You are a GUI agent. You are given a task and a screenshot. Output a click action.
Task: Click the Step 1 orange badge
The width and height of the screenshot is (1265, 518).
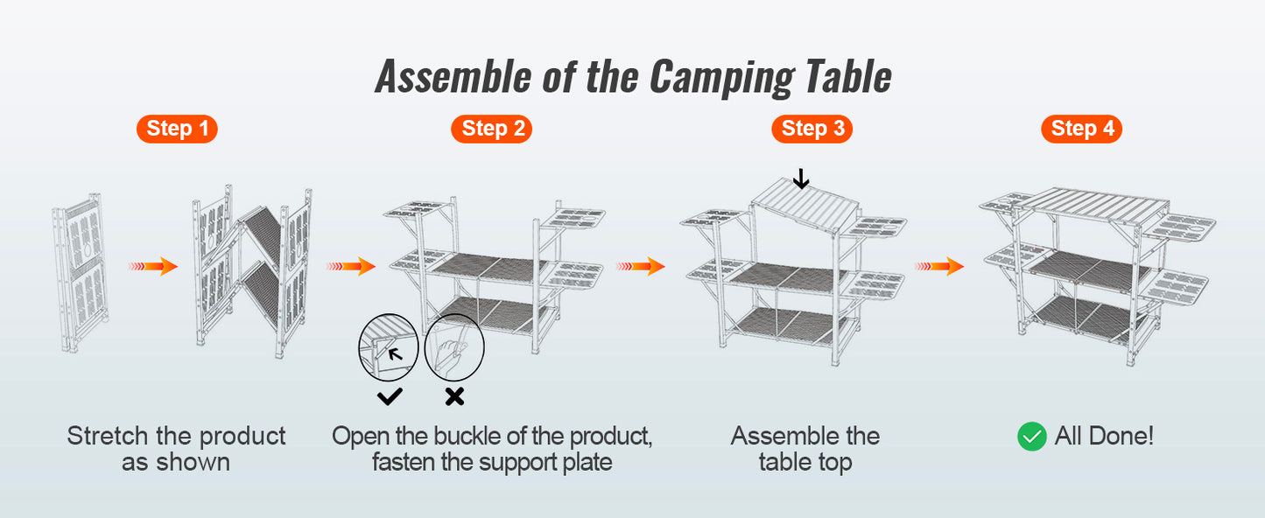click(177, 129)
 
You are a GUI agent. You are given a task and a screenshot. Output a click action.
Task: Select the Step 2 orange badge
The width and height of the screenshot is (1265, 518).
click(492, 129)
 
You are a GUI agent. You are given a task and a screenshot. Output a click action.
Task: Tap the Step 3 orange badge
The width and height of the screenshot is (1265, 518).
click(812, 129)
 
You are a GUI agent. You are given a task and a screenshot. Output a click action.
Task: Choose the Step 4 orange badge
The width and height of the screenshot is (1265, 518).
click(1081, 129)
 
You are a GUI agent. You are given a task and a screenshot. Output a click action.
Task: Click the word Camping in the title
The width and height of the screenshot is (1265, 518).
click(720, 77)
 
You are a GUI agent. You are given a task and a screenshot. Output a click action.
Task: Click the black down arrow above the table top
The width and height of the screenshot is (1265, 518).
click(800, 179)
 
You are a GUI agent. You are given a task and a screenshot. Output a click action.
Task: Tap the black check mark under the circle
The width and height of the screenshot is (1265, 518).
click(390, 396)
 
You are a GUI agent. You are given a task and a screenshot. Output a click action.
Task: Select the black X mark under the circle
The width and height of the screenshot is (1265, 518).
click(454, 396)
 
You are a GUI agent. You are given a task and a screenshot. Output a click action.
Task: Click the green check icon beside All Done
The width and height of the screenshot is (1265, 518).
click(1032, 436)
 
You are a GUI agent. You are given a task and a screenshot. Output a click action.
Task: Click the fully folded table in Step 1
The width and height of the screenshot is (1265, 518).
click(80, 271)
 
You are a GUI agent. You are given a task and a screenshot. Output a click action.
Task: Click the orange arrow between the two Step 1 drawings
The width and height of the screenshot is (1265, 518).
click(153, 266)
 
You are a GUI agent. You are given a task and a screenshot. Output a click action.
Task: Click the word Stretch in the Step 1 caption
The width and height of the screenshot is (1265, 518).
click(108, 436)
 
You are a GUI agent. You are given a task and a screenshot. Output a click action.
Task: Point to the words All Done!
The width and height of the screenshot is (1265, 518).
click(1104, 436)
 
